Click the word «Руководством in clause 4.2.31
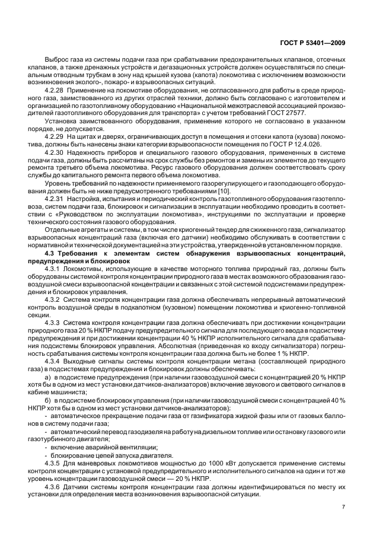[79, 216]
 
